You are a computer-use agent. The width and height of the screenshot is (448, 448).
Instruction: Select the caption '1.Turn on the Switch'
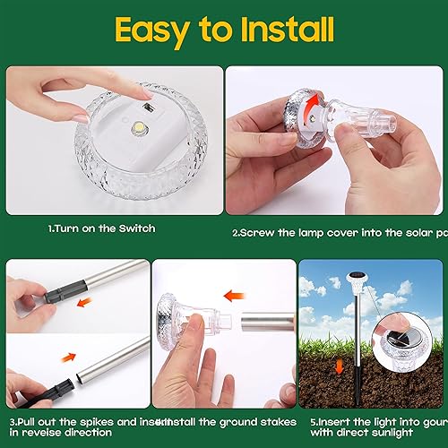click(x=101, y=229)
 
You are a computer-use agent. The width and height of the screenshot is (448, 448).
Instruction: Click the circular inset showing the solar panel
click(x=403, y=336)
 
